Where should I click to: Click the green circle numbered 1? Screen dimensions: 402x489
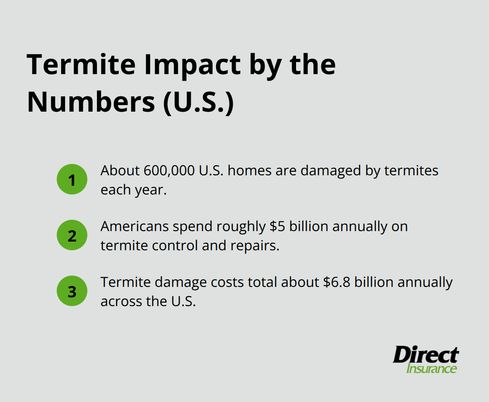pyautogui.click(x=72, y=179)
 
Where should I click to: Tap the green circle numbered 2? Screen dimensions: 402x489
pyautogui.click(x=72, y=235)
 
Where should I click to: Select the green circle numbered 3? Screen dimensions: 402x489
pyautogui.click(x=72, y=291)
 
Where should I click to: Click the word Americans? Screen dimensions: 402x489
pyautogui.click(x=134, y=227)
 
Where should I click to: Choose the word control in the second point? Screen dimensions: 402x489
pyautogui.click(x=176, y=245)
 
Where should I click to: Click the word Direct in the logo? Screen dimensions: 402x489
pyautogui.click(x=425, y=355)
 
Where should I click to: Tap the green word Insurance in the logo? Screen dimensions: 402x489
pyautogui.click(x=431, y=369)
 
